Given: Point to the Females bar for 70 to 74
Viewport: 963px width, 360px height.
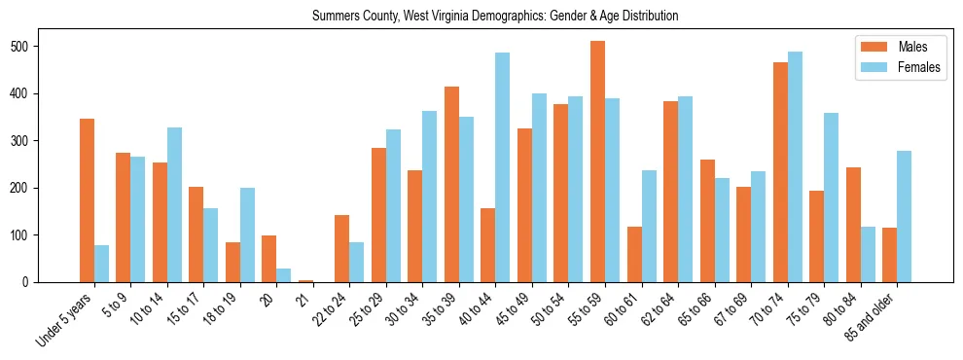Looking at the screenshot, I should [x=795, y=166].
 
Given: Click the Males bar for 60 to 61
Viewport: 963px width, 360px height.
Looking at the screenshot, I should [x=634, y=254].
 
